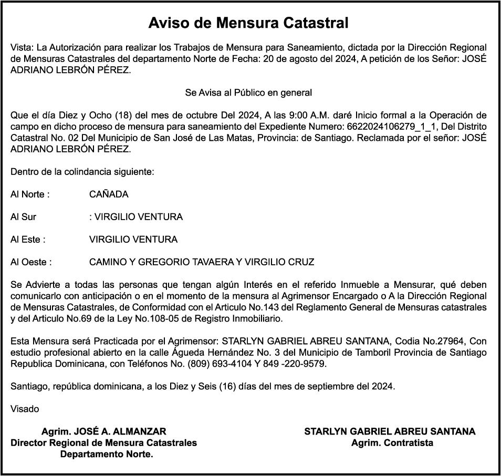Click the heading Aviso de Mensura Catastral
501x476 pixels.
[x=248, y=23]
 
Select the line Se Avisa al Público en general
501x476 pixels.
[x=248, y=93]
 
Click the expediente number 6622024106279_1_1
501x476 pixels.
[x=389, y=127]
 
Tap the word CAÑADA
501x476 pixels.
[x=109, y=194]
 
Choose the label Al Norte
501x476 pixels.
[x=29, y=194]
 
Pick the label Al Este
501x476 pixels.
[x=27, y=240]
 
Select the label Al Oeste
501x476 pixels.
[x=30, y=262]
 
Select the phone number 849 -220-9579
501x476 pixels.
[x=295, y=364]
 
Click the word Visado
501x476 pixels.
[x=25, y=409]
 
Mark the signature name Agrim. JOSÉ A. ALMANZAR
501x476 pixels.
[x=103, y=431]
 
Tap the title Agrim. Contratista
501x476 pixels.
[x=392, y=443]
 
